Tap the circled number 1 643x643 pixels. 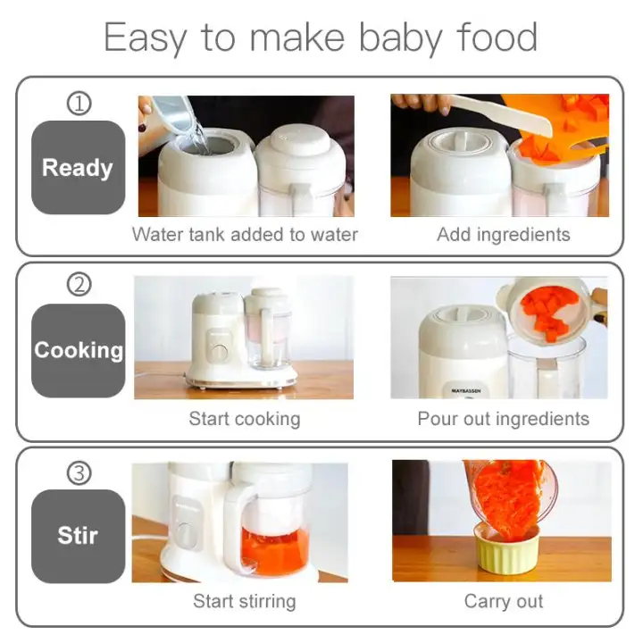click(79, 104)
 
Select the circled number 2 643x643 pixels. click(79, 286)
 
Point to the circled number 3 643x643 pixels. click(79, 472)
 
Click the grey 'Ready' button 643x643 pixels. click(78, 167)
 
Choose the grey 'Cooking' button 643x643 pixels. click(78, 349)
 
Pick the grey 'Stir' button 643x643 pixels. click(78, 535)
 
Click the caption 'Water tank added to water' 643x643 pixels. click(245, 235)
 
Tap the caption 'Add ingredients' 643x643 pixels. click(503, 235)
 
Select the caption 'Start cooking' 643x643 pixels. click(244, 418)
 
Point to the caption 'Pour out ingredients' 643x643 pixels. click(503, 418)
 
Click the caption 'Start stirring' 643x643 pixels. click(244, 601)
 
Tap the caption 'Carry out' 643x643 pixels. click(503, 601)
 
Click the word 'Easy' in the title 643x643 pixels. click(146, 38)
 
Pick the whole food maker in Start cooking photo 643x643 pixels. click(241, 339)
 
